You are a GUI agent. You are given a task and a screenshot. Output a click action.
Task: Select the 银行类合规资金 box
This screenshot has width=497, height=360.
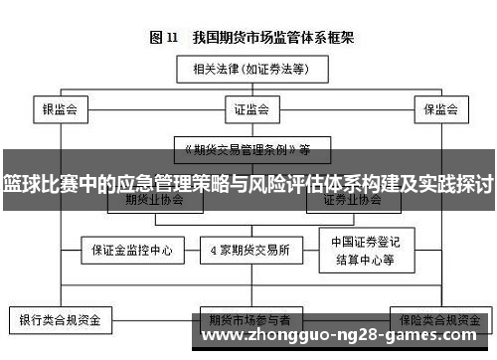61,321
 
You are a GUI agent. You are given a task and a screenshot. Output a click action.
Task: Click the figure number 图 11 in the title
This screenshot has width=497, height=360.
164,38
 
